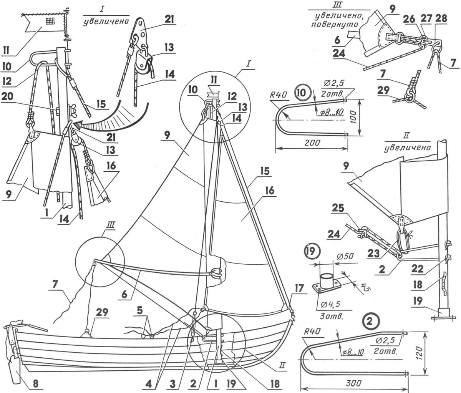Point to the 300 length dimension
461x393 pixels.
coord(353,383)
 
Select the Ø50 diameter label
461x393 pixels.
coord(345,257)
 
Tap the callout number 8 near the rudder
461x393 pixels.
coord(36,383)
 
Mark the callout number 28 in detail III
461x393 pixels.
coord(441,18)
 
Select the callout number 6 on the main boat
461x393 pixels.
coord(125,295)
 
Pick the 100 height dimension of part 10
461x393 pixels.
coord(357,118)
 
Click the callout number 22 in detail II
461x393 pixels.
coord(417,269)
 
